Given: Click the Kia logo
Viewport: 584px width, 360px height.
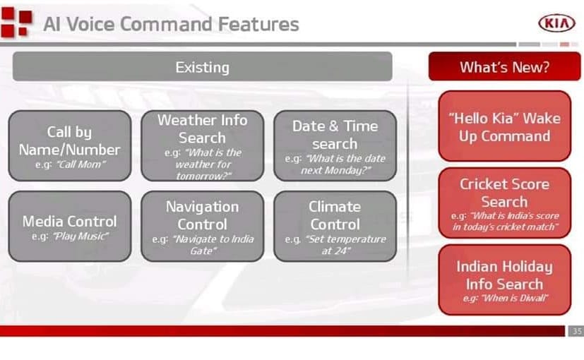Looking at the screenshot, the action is click(x=556, y=23).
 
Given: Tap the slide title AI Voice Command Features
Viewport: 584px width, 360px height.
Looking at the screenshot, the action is click(x=172, y=24).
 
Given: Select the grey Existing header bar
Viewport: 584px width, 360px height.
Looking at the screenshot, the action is click(x=202, y=66).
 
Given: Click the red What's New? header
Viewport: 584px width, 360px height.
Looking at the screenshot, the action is click(x=504, y=66).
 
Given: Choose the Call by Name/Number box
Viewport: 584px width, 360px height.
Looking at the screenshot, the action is click(x=70, y=145).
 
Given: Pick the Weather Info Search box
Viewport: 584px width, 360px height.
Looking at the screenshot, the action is click(x=202, y=145).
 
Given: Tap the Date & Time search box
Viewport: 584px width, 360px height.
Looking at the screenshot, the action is click(x=335, y=145).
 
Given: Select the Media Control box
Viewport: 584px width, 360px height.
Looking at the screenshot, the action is click(x=70, y=226).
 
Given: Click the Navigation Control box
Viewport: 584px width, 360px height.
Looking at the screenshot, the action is click(x=202, y=226).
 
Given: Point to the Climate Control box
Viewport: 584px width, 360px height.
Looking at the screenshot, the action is click(x=335, y=226).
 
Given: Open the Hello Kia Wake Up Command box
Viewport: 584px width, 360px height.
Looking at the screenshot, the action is click(x=505, y=126).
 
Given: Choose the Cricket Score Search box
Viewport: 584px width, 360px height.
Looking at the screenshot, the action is click(x=505, y=203).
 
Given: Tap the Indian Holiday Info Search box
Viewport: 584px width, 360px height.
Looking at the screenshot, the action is click(x=505, y=280).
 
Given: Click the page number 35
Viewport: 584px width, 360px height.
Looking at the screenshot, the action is click(x=577, y=330).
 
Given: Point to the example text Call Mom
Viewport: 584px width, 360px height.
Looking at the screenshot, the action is click(x=81, y=164).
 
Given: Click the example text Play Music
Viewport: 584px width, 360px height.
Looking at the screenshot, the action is click(x=81, y=236).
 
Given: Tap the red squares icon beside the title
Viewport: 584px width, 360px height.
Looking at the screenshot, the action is click(x=16, y=22).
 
